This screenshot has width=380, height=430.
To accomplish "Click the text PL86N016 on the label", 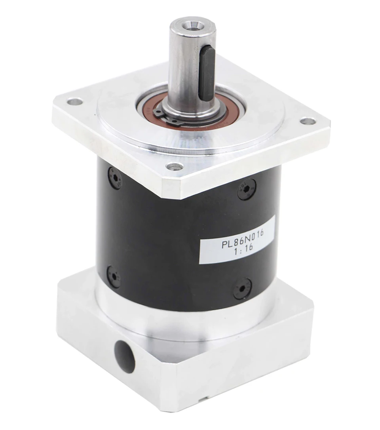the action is (x=243, y=238).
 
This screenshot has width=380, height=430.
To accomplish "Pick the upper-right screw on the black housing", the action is (x=247, y=189).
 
